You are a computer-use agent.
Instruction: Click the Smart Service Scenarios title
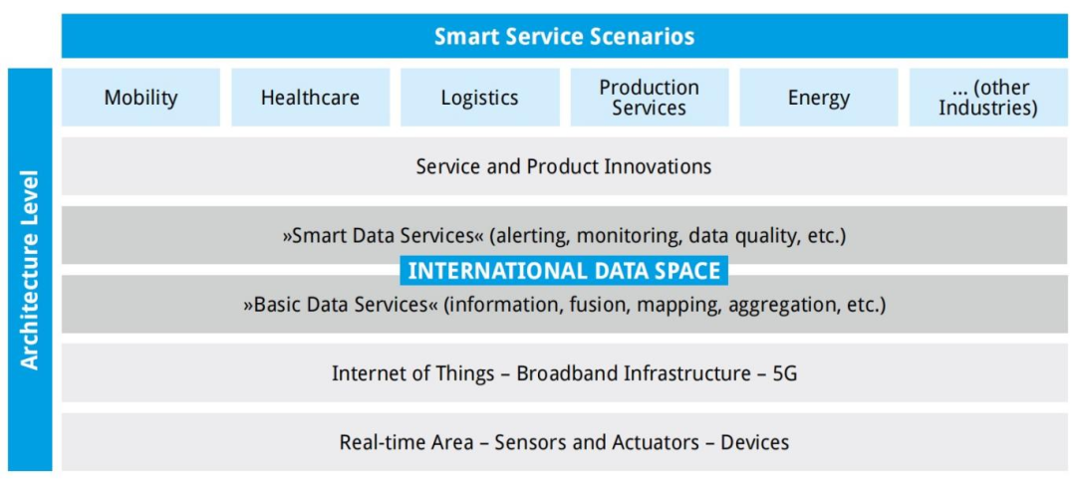(564, 36)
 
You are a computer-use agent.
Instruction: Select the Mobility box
(140, 98)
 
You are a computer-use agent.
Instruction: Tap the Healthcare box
(310, 98)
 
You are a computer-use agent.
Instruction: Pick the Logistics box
(479, 98)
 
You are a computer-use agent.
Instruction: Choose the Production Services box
(650, 98)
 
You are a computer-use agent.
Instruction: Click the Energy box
(819, 98)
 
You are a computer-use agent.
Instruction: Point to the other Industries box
(988, 98)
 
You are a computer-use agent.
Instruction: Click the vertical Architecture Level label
(30, 270)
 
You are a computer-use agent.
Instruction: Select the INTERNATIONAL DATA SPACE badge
(564, 271)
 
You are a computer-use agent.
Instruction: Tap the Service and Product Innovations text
(563, 166)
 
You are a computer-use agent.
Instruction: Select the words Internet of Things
(413, 373)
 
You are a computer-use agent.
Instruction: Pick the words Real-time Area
(406, 442)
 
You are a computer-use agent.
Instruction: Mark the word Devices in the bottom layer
(755, 442)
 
